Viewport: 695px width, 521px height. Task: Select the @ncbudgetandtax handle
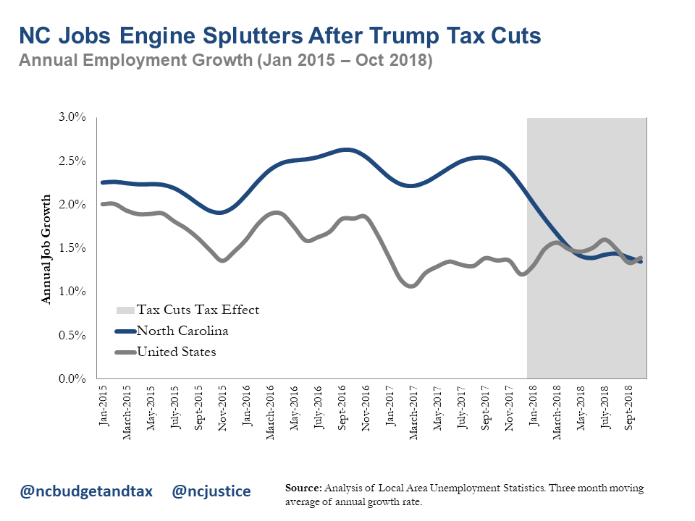point(86,491)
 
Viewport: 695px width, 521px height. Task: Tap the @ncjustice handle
point(211,491)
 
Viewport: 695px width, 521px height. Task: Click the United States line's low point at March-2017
point(411,286)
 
